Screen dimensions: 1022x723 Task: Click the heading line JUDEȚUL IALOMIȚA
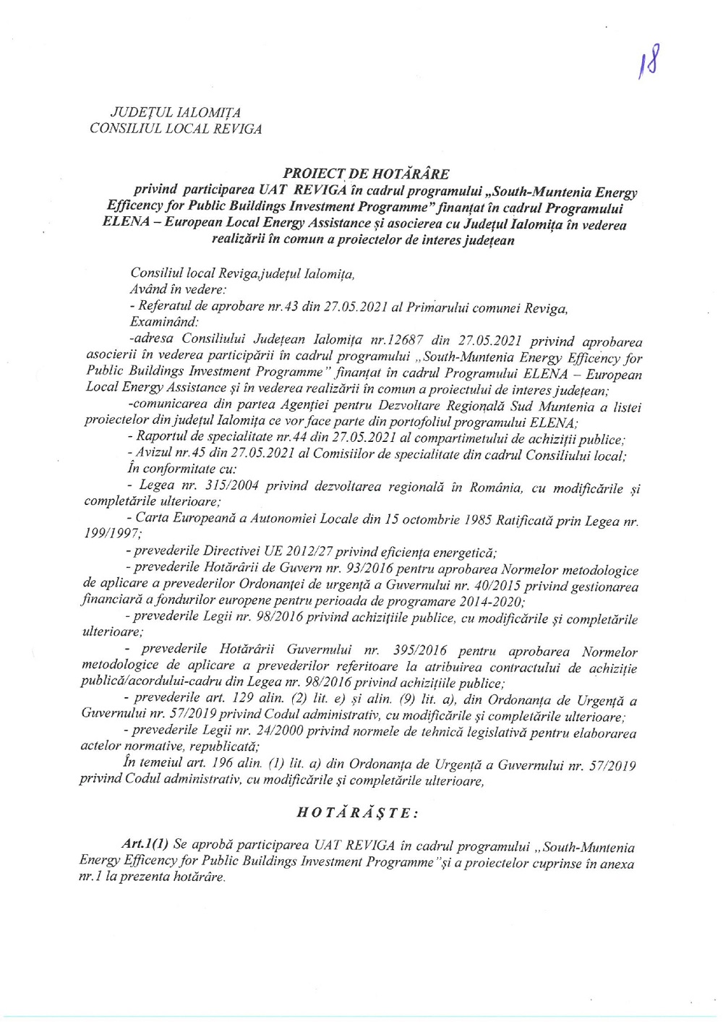point(175,112)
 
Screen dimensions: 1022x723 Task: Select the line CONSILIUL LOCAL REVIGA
point(175,129)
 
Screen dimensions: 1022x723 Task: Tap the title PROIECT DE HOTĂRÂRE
point(366,174)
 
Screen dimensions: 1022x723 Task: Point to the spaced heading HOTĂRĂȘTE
point(356,812)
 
